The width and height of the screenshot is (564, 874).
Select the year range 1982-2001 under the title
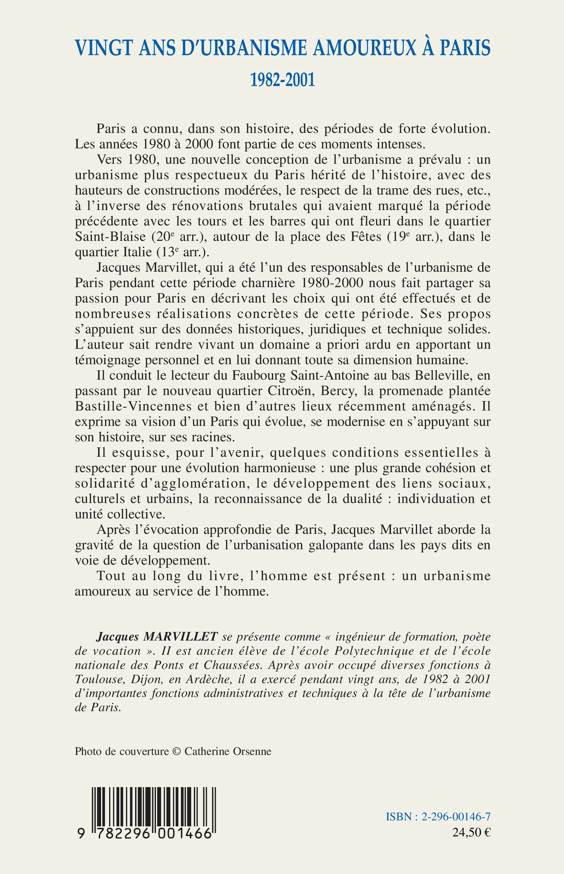(x=282, y=80)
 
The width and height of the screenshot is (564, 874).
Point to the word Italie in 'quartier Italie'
(x=136, y=253)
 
